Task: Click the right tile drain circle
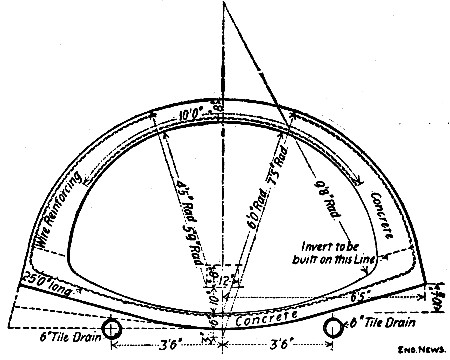point(333,328)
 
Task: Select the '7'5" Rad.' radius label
point(264,220)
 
